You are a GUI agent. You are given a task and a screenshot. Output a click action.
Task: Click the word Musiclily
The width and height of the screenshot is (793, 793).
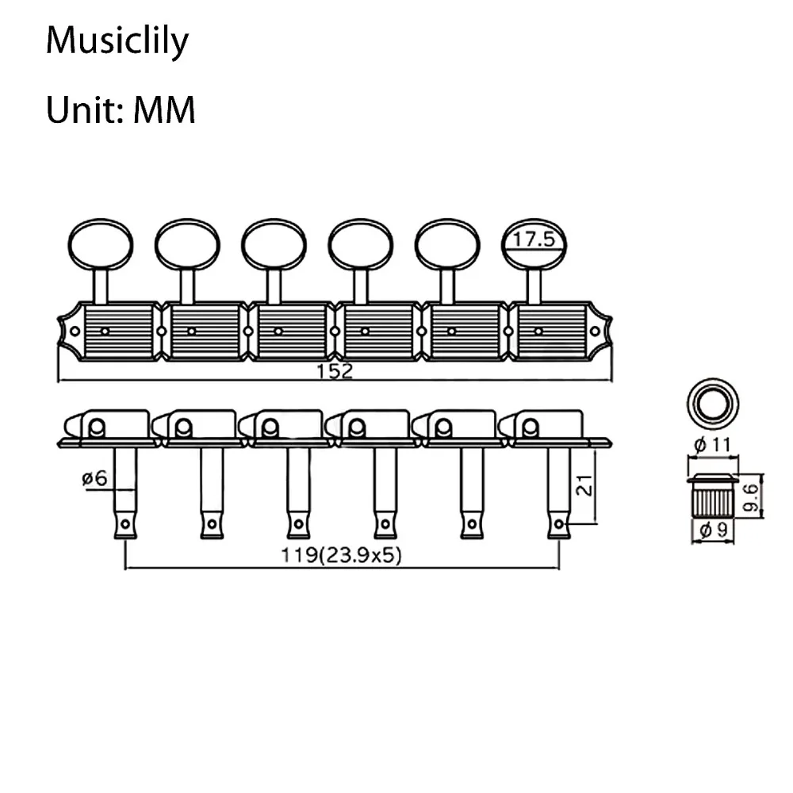tap(117, 40)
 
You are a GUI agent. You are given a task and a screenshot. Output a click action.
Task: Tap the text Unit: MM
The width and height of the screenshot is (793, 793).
tap(121, 109)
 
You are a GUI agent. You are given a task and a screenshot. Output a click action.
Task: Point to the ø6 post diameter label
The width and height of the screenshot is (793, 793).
tap(94, 479)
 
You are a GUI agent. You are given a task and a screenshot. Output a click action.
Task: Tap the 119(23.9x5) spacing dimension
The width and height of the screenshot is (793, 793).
tap(342, 555)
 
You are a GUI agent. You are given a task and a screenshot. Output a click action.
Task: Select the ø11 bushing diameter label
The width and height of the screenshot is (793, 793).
tap(711, 445)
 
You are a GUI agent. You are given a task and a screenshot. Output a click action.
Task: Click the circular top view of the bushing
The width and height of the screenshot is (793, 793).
tap(711, 401)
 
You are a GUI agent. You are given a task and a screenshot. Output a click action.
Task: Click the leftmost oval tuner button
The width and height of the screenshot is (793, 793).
tap(100, 244)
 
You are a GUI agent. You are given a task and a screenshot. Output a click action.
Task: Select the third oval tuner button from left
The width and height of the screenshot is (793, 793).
tap(274, 244)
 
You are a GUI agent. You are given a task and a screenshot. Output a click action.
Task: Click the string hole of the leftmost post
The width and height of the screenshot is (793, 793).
tap(125, 523)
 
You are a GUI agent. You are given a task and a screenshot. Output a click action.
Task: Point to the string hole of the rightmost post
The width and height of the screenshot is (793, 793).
tap(559, 523)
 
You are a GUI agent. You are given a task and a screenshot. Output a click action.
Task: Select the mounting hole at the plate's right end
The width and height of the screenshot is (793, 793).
tap(595, 331)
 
